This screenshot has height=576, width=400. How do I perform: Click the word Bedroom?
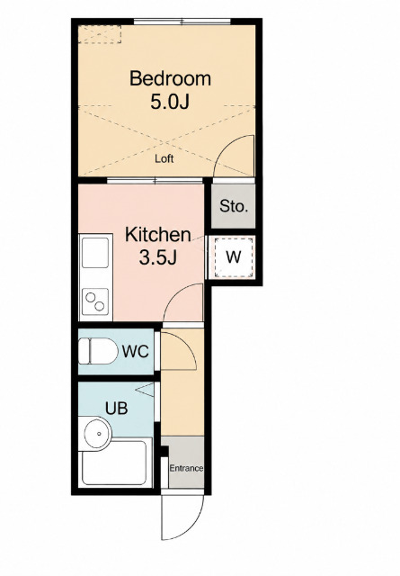tap(170, 79)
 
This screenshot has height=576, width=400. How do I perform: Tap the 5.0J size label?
tap(170, 102)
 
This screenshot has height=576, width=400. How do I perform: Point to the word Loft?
tap(164, 158)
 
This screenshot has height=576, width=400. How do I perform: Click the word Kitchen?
tap(158, 235)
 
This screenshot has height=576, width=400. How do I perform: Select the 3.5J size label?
tap(158, 257)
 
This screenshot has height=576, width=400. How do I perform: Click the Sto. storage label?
tap(234, 206)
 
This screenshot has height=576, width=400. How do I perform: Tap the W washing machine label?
tap(234, 256)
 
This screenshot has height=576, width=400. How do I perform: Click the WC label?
tap(136, 352)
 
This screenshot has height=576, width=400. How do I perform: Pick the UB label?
tap(116, 408)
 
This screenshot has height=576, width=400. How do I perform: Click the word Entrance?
tap(186, 468)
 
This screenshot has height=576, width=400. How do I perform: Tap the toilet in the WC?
tap(98, 351)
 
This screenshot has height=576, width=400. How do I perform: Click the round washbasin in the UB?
tap(97, 434)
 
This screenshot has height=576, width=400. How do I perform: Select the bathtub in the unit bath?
tap(115, 462)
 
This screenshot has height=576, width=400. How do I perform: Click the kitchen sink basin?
tap(95, 253)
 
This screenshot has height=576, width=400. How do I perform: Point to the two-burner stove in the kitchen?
tap(95, 301)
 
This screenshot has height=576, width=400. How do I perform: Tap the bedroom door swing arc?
tap(224, 147)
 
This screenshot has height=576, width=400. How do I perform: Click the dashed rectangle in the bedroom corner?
tap(100, 34)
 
